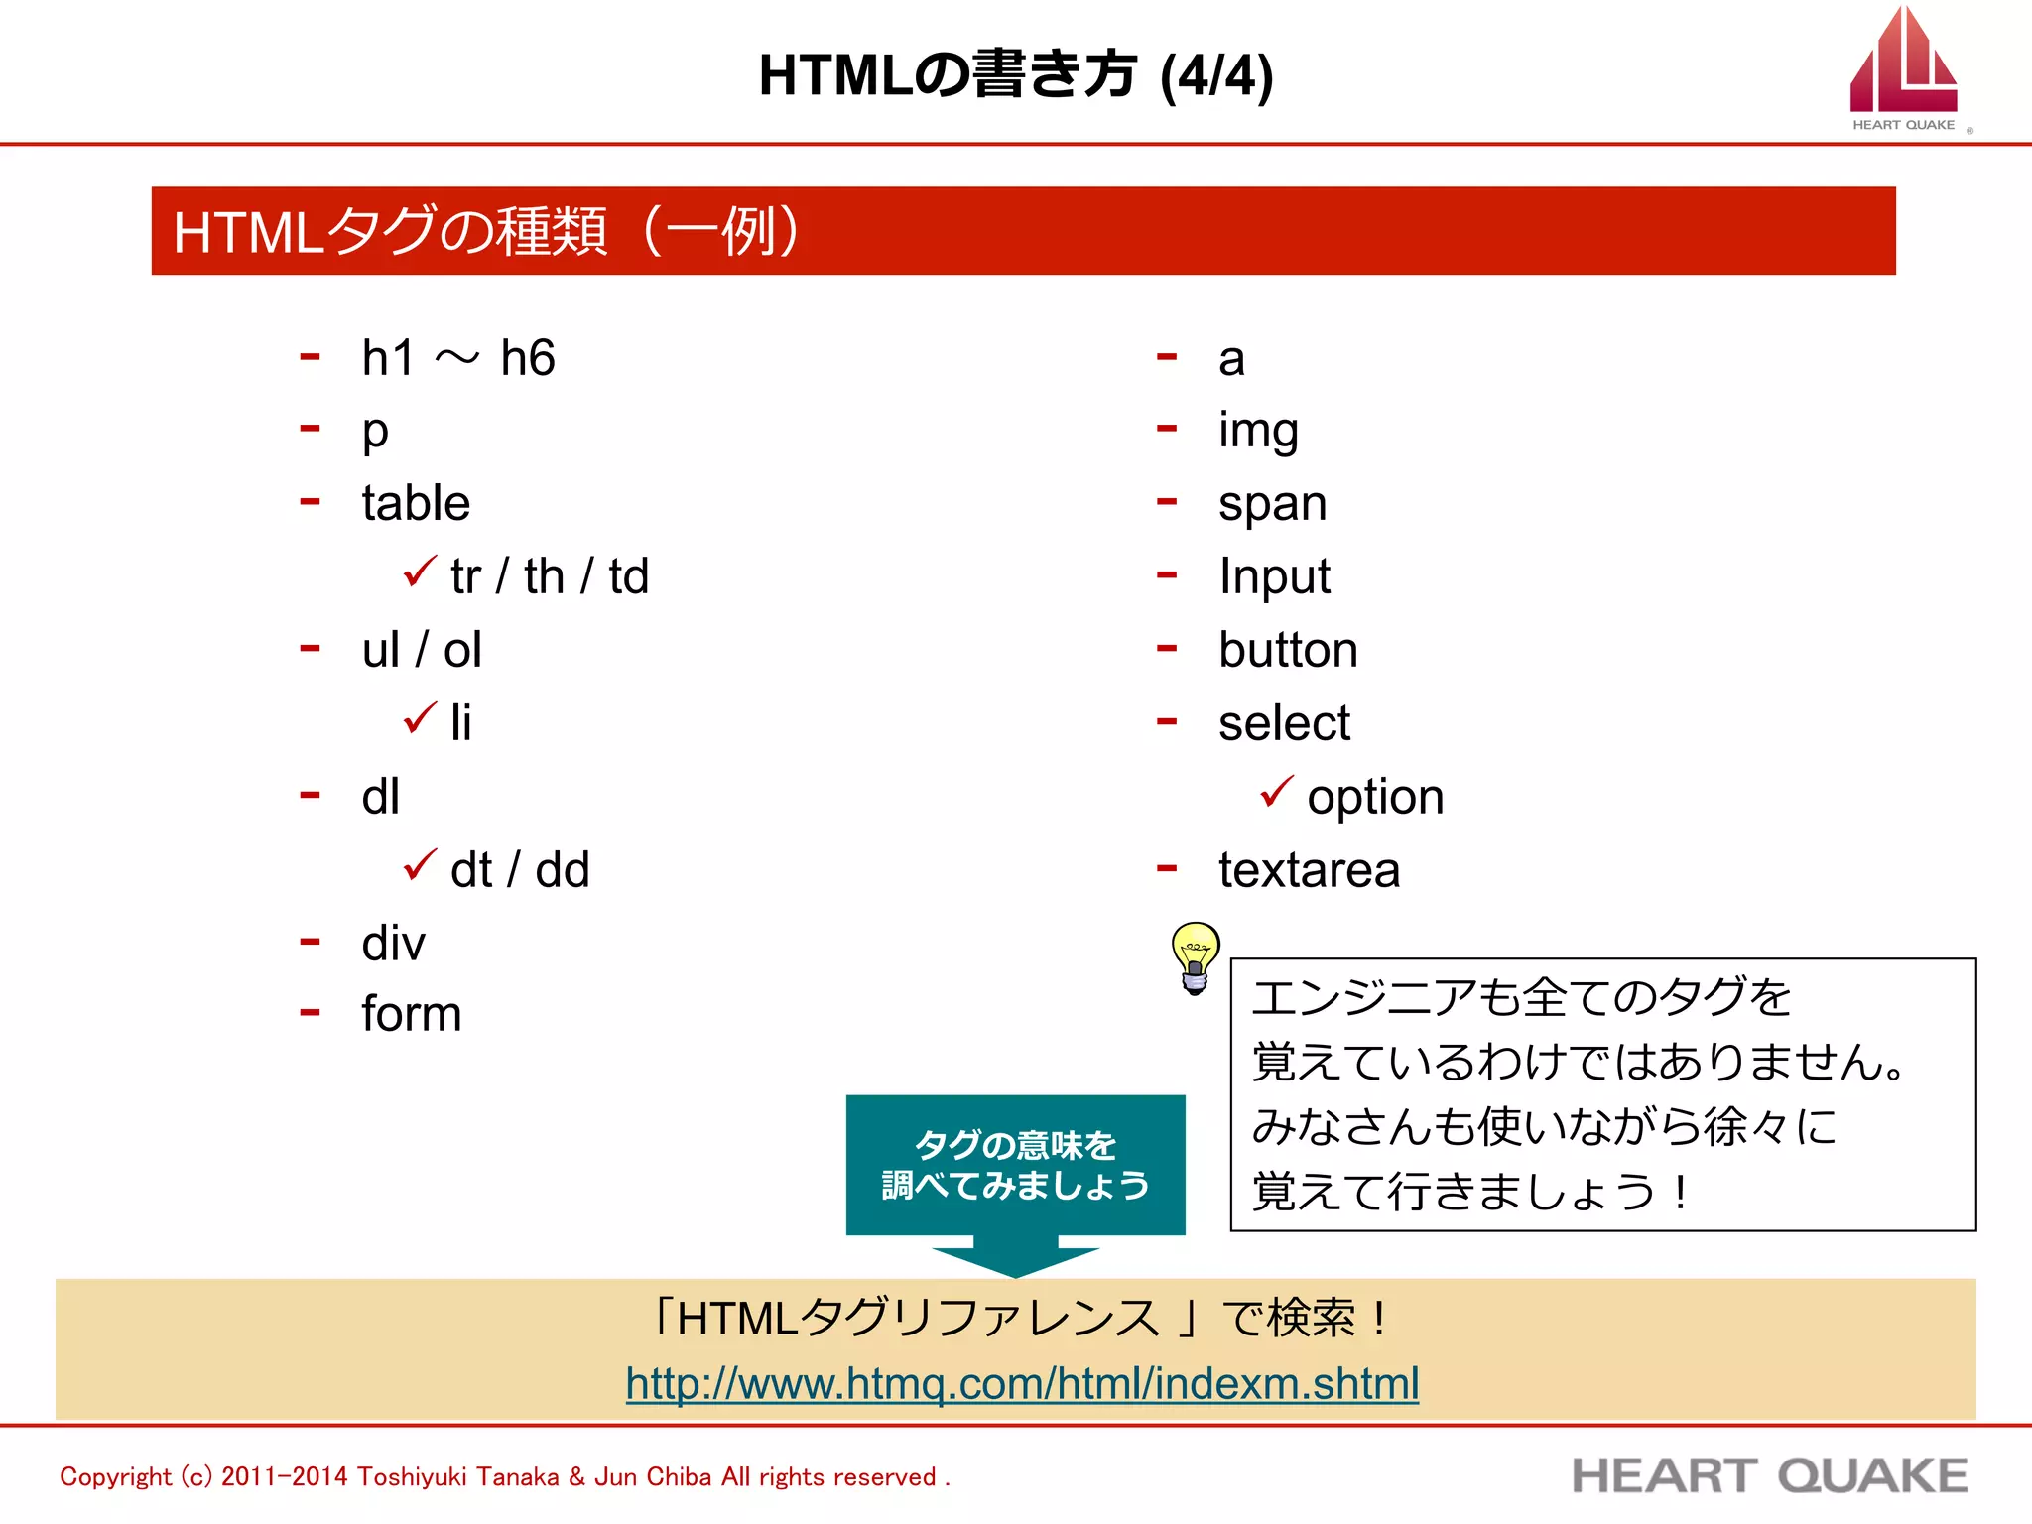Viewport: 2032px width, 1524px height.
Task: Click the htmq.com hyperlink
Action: click(x=1022, y=1383)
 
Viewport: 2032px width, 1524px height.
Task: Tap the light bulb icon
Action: click(x=1195, y=956)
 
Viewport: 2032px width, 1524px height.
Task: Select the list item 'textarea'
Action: click(x=1309, y=870)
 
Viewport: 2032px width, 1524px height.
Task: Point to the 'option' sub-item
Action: click(x=1375, y=797)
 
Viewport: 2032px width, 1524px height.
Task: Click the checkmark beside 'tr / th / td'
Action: click(x=420, y=571)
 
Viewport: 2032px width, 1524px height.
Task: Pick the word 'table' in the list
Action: click(x=416, y=503)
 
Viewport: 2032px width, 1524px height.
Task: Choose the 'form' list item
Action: click(x=412, y=1014)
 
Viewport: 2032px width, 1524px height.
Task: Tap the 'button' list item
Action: click(x=1288, y=650)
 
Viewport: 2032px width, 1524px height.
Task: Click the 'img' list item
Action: click(x=1258, y=431)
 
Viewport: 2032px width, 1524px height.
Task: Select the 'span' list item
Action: click(x=1272, y=504)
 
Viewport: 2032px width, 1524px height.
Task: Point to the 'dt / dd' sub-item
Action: click(x=520, y=870)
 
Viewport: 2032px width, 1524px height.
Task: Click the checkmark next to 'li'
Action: click(x=420, y=717)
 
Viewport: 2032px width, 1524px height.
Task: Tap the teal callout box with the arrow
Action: click(x=1015, y=1166)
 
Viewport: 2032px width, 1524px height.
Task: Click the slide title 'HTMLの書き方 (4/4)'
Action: click(x=1015, y=75)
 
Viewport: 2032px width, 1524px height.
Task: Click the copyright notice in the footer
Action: click(x=504, y=1476)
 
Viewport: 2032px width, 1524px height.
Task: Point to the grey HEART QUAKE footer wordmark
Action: click(x=1770, y=1476)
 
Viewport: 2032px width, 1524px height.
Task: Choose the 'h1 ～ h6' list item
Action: click(x=457, y=358)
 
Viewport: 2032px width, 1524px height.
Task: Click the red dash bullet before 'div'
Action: click(x=311, y=941)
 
